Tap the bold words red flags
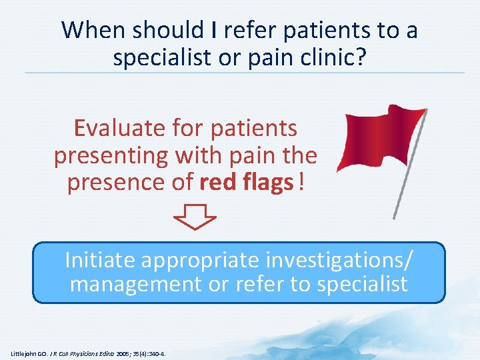pos(247,183)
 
